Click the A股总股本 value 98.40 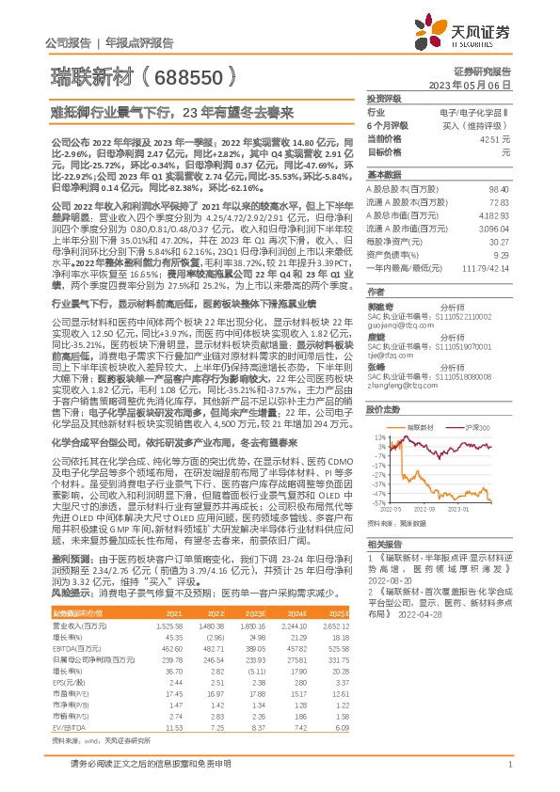coord(498,190)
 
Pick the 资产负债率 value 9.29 coord(503,255)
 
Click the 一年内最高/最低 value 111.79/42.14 coord(488,268)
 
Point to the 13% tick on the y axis coord(378,437)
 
